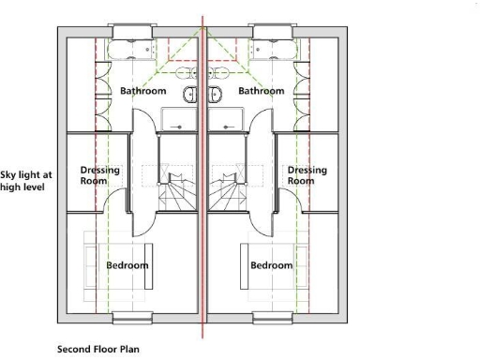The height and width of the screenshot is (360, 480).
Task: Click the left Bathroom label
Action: coord(143,91)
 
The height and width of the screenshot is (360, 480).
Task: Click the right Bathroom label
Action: coord(262,91)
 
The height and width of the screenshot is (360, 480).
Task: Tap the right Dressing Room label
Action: coord(307,175)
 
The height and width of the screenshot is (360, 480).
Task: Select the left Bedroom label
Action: coord(127,265)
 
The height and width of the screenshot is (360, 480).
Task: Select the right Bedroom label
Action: coord(272,265)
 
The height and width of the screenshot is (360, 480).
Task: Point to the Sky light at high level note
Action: coord(26,181)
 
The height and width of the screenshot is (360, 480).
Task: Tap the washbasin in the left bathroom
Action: coord(190,93)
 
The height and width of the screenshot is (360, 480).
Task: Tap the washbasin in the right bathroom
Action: coord(216,93)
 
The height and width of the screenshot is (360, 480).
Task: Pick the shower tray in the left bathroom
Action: coord(178,120)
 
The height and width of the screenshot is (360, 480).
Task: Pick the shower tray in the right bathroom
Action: coord(227,120)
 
